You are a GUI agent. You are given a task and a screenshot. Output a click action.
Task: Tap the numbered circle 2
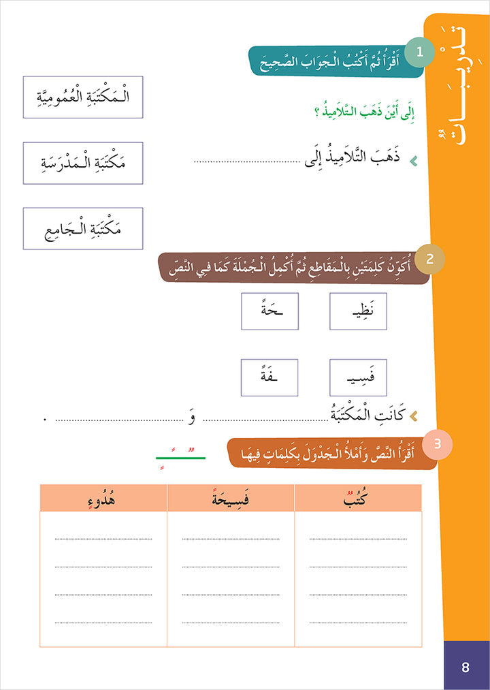click(x=429, y=258)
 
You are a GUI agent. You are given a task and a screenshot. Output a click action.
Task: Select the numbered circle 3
click(x=438, y=444)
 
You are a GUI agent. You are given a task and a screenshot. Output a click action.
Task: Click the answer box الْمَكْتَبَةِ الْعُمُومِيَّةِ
click(x=82, y=97)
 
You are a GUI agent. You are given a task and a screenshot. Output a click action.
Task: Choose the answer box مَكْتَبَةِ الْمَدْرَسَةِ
click(x=82, y=163)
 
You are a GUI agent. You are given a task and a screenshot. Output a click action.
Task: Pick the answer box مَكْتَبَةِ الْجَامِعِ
click(x=82, y=228)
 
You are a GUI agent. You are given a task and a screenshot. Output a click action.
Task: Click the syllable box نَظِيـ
click(x=358, y=311)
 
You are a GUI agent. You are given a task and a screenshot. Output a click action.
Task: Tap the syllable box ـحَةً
click(x=269, y=311)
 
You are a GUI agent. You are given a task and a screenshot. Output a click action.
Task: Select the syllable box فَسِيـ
click(x=358, y=377)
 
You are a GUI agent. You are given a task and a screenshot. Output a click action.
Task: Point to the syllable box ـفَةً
click(x=269, y=377)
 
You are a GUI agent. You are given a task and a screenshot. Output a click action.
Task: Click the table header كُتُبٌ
click(x=358, y=499)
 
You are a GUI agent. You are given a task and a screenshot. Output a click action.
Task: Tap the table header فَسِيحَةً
click(x=231, y=499)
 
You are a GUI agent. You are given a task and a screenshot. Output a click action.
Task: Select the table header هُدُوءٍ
click(x=103, y=499)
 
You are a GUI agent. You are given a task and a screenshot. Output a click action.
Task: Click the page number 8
click(x=465, y=668)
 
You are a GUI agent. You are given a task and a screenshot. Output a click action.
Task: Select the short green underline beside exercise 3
click(x=180, y=458)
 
